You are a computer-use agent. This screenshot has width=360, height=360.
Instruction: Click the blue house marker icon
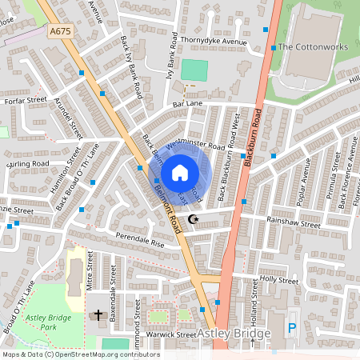(x=179, y=172)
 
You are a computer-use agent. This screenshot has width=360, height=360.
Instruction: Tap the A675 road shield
(x=58, y=31)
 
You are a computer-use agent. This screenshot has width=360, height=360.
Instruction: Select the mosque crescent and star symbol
(x=192, y=218)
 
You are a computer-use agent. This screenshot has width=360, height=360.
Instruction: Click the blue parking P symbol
(x=291, y=326)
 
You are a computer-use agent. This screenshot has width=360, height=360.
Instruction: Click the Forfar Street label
(x=26, y=101)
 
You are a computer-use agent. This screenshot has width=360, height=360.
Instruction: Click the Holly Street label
(x=278, y=280)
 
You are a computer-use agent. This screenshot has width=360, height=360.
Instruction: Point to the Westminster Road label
(x=194, y=146)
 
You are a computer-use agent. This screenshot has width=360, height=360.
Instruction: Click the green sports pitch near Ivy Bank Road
(x=194, y=70)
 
